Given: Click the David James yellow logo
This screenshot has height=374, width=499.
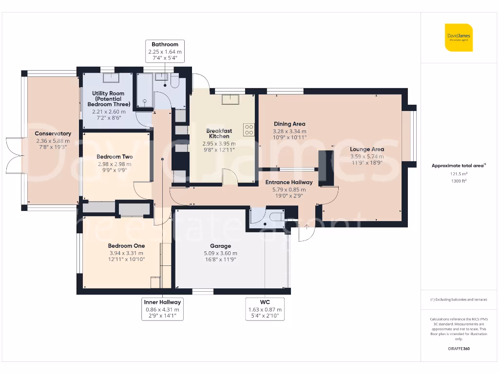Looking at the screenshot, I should pos(459,37).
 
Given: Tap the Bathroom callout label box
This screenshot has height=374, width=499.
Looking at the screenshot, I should pos(165,51).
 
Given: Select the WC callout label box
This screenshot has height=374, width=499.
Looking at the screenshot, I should pos(265,309).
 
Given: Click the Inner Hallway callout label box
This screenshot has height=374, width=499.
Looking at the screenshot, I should pos(162,309).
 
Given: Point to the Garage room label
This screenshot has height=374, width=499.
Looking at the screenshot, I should pos(220,246).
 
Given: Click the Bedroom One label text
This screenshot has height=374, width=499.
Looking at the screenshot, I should pos(126,246).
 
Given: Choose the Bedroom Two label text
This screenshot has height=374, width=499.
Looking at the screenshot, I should pos(115,157).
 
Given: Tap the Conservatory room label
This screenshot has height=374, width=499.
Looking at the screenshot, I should pos(53,133).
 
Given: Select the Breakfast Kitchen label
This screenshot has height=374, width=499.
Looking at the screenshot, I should pos(219,133).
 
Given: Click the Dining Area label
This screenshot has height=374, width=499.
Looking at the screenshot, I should pos(289,124).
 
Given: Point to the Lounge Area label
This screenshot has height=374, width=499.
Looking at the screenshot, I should pos(367,150).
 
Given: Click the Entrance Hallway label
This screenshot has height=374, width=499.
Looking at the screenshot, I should pos(289,183).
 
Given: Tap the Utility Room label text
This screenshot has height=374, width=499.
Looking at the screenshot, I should pos(109,98).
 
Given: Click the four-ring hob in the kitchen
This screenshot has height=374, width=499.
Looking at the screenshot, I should pos(249,130).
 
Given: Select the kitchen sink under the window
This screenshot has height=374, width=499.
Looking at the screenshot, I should pos(229,99).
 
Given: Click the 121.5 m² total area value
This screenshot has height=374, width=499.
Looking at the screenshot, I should pos(458,173).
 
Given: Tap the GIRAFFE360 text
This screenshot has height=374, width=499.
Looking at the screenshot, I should pos(459,349).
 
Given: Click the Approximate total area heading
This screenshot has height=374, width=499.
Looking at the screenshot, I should pos(458,166).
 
